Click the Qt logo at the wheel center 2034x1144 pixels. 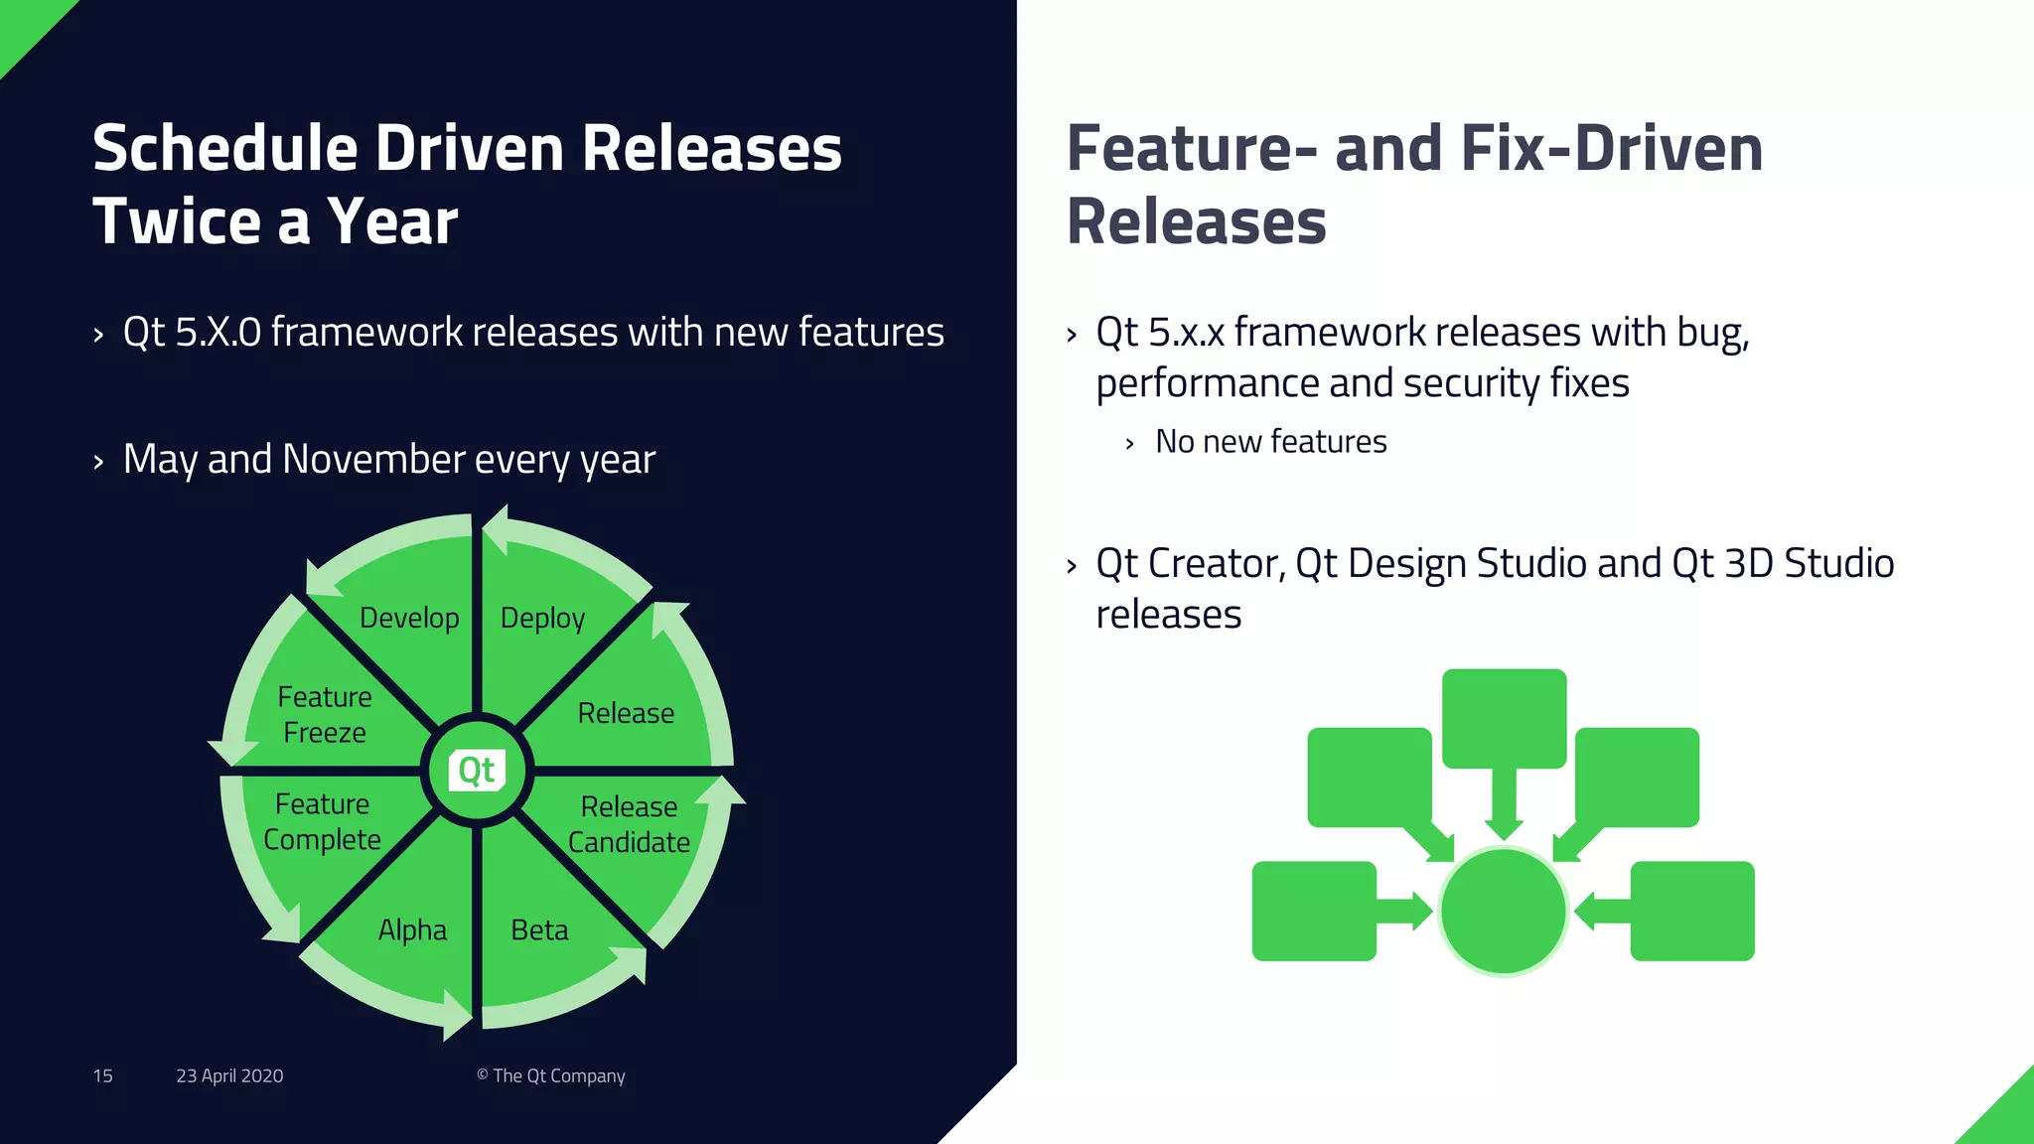(478, 771)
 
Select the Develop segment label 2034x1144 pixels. (409, 618)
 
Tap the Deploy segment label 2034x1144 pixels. (542, 618)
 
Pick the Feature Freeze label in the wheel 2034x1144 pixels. (325, 715)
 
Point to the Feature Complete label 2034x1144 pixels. (322, 822)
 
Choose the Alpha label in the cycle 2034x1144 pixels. (412, 930)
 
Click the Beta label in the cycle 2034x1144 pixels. (539, 930)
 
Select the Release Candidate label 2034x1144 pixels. (629, 824)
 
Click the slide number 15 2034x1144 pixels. (102, 1076)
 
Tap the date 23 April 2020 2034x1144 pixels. (229, 1076)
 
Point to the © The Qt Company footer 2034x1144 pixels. (551, 1076)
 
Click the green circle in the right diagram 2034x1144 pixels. (1503, 911)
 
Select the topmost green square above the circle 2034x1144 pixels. (1504, 718)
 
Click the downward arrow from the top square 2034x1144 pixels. (1504, 804)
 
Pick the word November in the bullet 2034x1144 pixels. (373, 460)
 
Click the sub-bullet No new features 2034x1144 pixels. (1270, 442)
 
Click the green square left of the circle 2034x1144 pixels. (1314, 911)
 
